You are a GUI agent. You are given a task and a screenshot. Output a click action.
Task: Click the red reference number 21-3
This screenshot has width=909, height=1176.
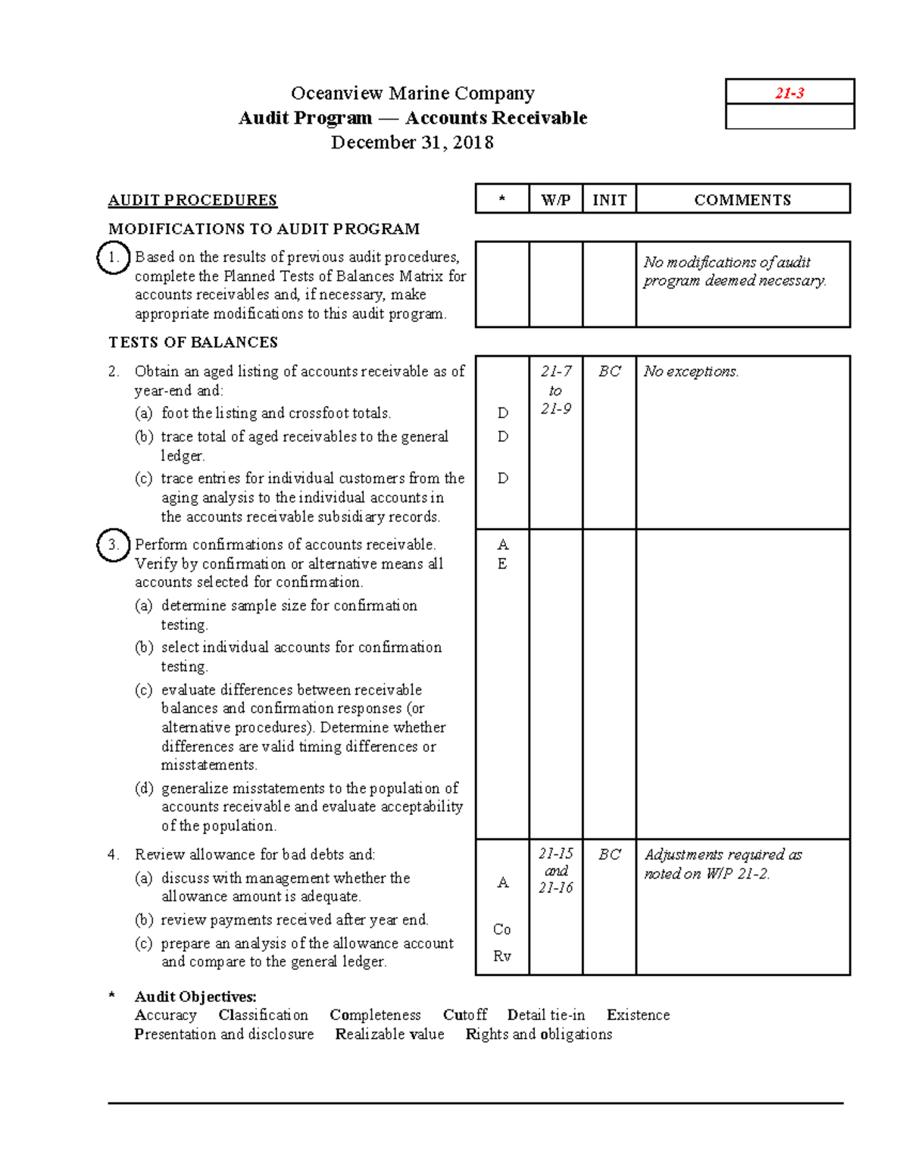[789, 93]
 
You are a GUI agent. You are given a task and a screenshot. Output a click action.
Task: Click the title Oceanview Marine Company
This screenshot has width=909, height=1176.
[413, 93]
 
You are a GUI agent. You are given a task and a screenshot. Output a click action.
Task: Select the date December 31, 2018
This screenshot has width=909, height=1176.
[412, 142]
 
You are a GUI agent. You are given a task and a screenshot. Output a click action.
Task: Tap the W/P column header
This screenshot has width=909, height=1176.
[555, 200]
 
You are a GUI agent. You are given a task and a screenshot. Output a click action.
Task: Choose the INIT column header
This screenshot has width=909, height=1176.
[609, 200]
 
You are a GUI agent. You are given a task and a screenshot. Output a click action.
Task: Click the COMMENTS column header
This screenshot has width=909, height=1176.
[742, 200]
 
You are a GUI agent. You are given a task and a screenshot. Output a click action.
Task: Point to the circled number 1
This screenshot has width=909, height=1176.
[113, 257]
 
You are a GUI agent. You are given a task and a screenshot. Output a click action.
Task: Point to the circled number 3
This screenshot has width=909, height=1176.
[113, 545]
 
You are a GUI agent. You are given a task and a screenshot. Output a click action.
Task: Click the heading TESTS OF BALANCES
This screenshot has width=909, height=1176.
[193, 342]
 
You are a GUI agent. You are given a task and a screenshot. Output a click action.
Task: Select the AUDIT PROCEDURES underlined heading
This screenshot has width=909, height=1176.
[192, 200]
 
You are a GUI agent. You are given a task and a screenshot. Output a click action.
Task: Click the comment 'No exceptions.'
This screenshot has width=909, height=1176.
[691, 371]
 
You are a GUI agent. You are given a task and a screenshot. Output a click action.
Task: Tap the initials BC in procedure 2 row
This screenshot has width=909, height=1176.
[609, 371]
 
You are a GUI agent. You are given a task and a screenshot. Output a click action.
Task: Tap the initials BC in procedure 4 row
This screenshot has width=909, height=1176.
[609, 854]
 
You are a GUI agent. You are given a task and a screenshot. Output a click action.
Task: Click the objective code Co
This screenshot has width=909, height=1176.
[501, 929]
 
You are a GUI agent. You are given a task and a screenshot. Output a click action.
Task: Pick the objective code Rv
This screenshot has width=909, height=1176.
[501, 956]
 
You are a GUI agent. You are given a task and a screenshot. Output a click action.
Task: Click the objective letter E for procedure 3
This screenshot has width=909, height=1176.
[501, 564]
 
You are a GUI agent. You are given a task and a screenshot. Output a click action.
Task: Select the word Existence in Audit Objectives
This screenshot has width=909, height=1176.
[638, 1015]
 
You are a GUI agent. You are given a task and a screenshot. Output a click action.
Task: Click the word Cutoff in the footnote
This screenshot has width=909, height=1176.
[465, 1015]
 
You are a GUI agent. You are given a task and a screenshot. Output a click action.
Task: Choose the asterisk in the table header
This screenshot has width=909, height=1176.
[501, 201]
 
